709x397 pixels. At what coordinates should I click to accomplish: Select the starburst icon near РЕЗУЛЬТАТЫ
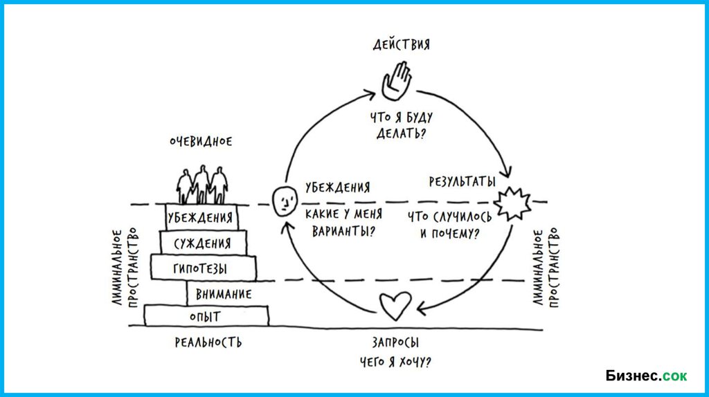click(514, 203)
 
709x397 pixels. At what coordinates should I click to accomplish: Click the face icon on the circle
click(282, 201)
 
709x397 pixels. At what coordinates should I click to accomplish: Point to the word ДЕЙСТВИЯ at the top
click(401, 45)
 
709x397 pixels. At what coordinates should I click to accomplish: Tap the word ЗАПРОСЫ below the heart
click(396, 342)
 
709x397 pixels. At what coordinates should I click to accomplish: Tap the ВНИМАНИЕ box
click(223, 294)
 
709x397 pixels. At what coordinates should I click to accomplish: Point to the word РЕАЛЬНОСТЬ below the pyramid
click(208, 342)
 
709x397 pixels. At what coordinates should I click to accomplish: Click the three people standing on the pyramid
click(201, 184)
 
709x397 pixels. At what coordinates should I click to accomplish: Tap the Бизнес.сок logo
click(646, 376)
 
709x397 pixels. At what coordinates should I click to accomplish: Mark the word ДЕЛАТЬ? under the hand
click(401, 133)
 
